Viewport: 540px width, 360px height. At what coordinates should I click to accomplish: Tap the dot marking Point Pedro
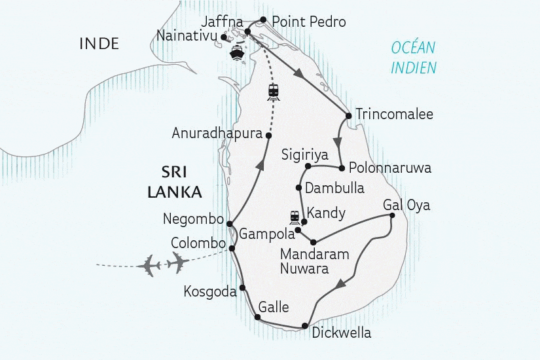click(263, 20)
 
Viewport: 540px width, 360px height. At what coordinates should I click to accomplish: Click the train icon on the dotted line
click(274, 92)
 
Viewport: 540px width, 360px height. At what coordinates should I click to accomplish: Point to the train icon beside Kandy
click(295, 216)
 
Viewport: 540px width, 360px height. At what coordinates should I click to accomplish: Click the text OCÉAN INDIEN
click(414, 58)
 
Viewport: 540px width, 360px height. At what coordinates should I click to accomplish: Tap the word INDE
click(99, 44)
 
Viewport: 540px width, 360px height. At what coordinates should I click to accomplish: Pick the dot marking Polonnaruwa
click(342, 168)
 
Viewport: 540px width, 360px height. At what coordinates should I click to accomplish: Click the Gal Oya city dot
click(391, 215)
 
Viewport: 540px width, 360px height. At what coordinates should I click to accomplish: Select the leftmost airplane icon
click(151, 266)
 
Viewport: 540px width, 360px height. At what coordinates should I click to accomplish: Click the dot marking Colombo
click(232, 248)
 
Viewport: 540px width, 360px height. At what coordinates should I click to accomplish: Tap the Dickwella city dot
click(305, 326)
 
